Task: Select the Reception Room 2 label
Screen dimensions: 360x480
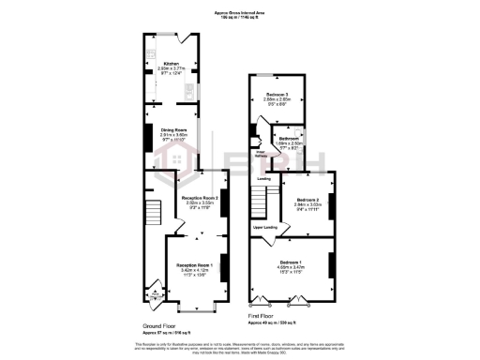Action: tap(199, 199)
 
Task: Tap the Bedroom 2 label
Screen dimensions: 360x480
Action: tap(309, 200)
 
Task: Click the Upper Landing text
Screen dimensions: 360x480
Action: tap(263, 227)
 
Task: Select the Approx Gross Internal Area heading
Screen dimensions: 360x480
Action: tap(240, 13)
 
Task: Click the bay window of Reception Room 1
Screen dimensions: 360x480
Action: tap(196, 307)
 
